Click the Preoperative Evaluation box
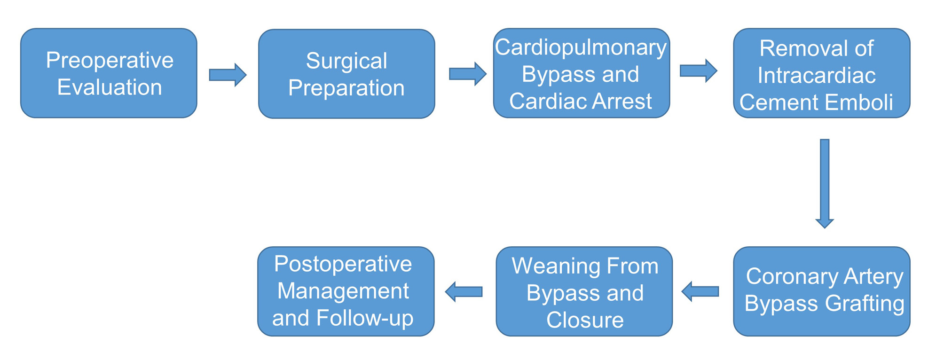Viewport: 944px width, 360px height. pyautogui.click(x=109, y=73)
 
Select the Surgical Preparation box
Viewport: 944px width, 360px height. pyautogui.click(x=346, y=74)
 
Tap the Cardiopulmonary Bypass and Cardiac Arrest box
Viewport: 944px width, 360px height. pyautogui.click(x=582, y=73)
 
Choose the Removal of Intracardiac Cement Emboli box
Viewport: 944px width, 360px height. pyautogui.click(x=822, y=73)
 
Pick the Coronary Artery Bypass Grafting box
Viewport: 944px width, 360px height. pyautogui.click(x=822, y=291)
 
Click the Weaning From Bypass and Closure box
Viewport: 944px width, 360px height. pyautogui.click(x=584, y=291)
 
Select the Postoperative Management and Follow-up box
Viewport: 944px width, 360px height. pyautogui.click(x=346, y=291)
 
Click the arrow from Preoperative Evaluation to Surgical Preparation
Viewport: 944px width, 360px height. pyautogui.click(x=228, y=75)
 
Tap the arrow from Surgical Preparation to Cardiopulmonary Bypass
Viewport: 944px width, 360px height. pyautogui.click(x=468, y=74)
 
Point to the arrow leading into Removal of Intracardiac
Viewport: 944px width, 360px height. pyautogui.click(x=699, y=71)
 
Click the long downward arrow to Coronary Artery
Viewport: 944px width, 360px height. pyautogui.click(x=825, y=184)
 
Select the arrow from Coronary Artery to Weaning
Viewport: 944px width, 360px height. pyautogui.click(x=700, y=291)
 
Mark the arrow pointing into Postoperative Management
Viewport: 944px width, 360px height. pyautogui.click(x=464, y=292)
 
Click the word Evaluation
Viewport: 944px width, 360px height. pyautogui.click(x=110, y=87)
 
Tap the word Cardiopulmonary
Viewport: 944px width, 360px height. pyautogui.click(x=581, y=48)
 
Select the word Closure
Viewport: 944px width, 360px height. pyautogui.click(x=585, y=320)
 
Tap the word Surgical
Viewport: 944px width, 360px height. pyautogui.click(x=346, y=61)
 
